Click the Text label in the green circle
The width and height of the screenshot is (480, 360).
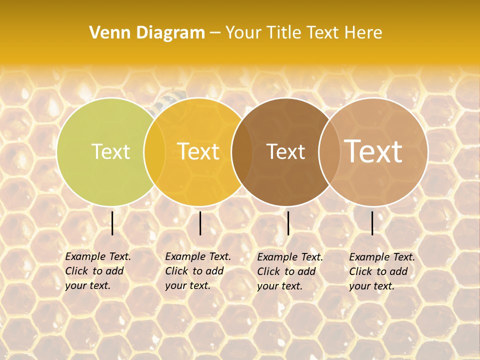tap(110, 151)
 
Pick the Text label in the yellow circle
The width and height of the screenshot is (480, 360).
tap(198, 151)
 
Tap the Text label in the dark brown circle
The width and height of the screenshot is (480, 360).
tap(285, 151)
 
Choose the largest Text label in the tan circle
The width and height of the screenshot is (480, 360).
tap(373, 151)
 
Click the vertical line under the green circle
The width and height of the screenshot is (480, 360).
tap(112, 223)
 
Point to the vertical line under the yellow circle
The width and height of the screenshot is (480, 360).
tap(200, 223)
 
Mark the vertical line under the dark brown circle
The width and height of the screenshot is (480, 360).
tap(288, 223)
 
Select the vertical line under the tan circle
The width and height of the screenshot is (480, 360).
tap(372, 223)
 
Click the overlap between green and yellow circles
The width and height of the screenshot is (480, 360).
tap(155, 151)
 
